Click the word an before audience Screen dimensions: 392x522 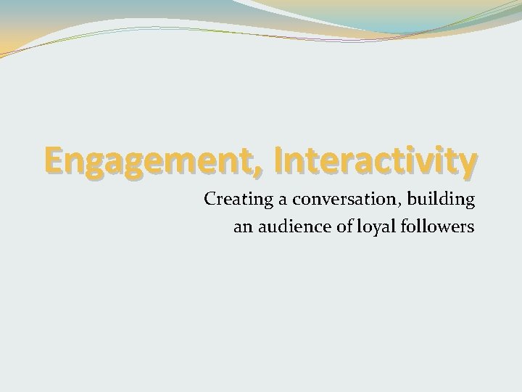coord(243,227)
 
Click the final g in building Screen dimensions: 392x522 coord(468,201)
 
